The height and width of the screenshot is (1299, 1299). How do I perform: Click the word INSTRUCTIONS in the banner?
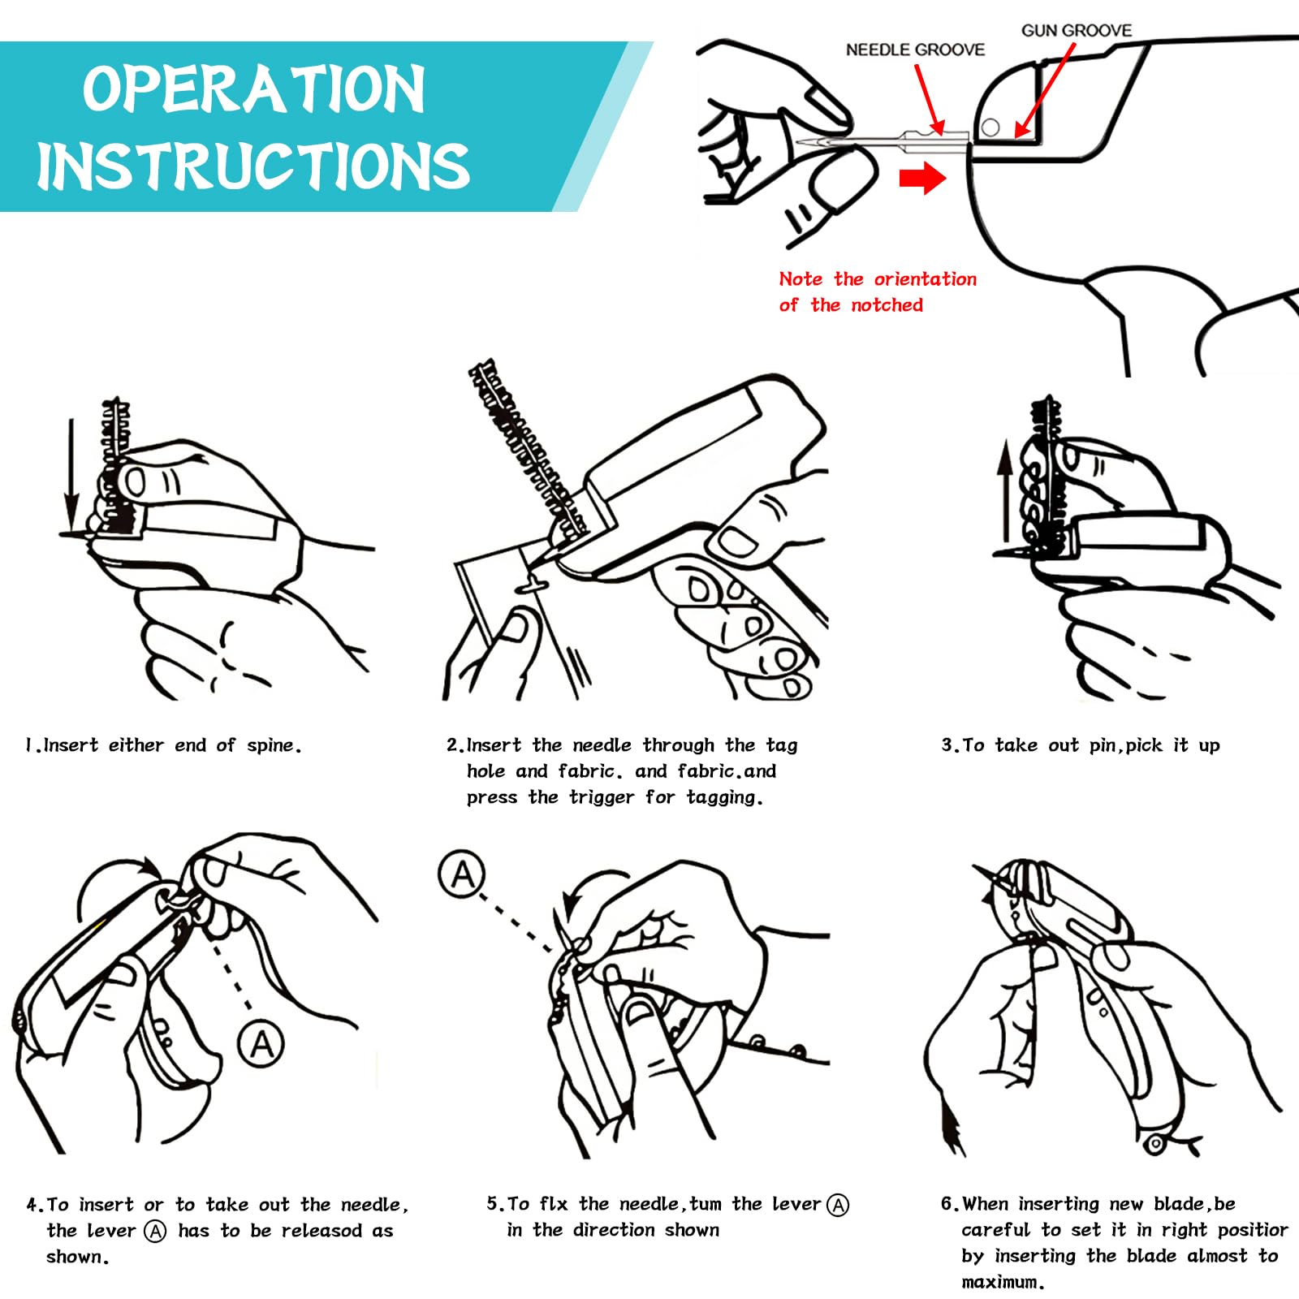[253, 166]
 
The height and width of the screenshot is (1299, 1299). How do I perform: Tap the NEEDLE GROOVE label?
[915, 50]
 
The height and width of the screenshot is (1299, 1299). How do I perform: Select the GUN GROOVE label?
[1077, 30]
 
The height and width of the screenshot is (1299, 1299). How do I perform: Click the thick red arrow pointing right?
[923, 178]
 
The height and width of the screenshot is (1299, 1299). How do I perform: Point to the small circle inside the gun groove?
[990, 127]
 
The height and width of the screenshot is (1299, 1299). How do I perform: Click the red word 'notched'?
[887, 305]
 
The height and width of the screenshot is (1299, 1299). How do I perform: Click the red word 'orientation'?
[926, 279]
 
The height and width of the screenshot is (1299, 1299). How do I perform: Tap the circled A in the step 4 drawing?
[261, 1042]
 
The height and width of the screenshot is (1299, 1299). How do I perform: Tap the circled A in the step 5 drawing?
[462, 874]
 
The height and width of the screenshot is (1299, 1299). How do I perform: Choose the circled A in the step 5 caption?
[838, 1206]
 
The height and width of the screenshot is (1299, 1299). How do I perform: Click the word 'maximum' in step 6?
[1000, 1283]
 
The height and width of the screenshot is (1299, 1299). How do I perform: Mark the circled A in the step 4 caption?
[155, 1232]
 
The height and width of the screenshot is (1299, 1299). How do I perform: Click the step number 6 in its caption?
[947, 1204]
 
